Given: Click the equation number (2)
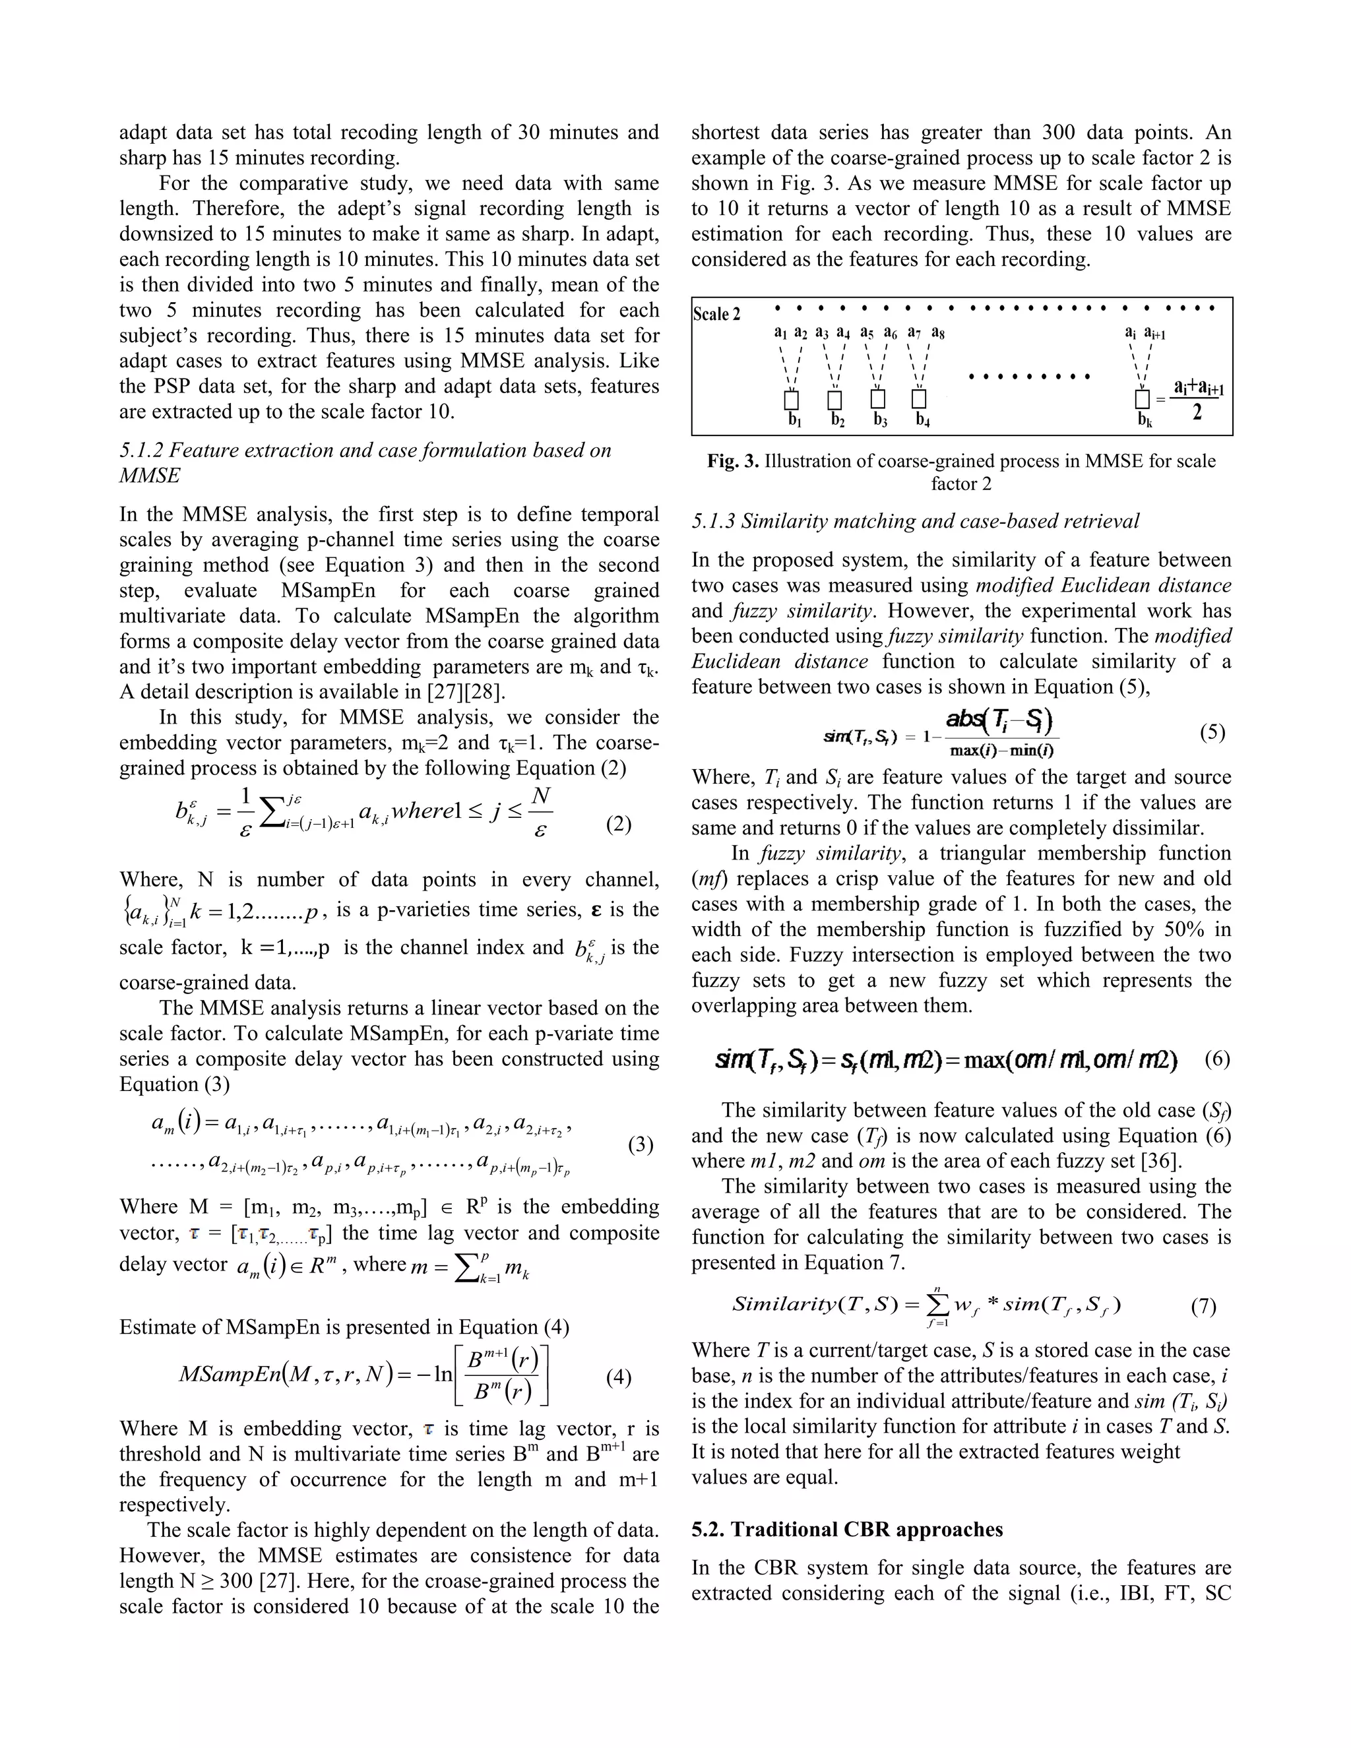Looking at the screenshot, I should [618, 824].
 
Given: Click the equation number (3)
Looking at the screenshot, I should [641, 1144].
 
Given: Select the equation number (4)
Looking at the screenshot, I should [618, 1377].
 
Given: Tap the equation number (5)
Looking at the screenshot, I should [1212, 732].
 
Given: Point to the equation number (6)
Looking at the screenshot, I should [1216, 1060].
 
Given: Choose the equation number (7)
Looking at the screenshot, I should [1203, 1307].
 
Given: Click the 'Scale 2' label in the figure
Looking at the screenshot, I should [716, 315].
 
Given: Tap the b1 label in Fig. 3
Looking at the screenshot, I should [794, 420].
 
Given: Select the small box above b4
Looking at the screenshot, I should [919, 398].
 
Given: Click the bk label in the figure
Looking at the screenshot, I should [1145, 420].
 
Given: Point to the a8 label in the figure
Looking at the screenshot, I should [937, 333].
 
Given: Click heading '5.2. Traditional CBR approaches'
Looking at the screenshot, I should [847, 1530].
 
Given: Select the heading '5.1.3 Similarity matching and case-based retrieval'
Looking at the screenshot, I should [915, 521].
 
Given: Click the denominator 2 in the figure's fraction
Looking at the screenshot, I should [1197, 414].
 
